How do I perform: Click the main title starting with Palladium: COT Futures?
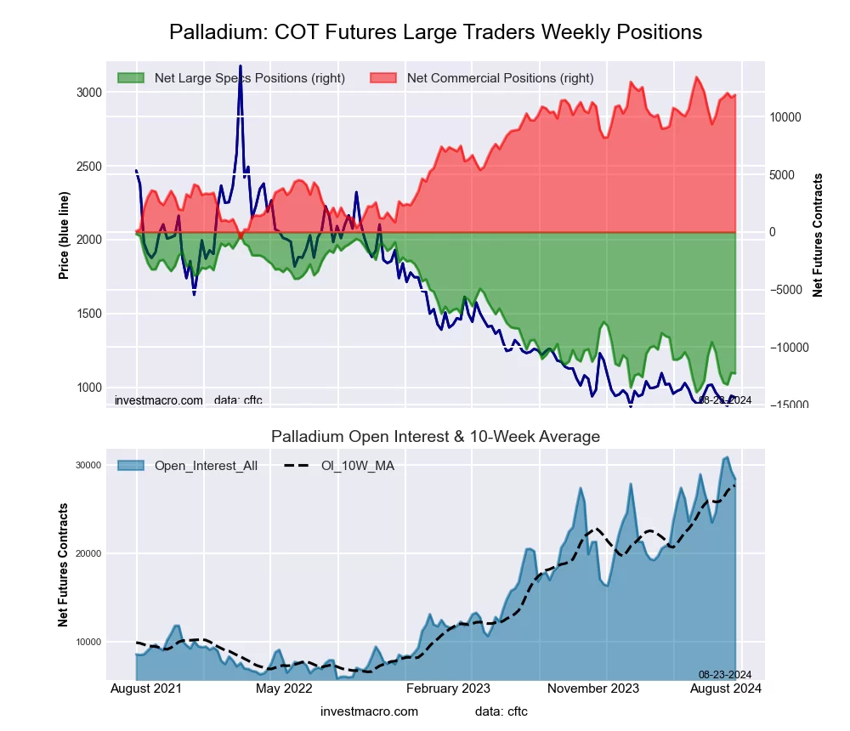[x=435, y=32]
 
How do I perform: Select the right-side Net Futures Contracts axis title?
[x=818, y=235]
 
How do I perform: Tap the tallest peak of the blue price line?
[x=241, y=65]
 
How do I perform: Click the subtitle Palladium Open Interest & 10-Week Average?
[x=435, y=437]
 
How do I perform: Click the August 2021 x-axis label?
[x=145, y=688]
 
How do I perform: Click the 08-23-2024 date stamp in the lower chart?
[x=719, y=674]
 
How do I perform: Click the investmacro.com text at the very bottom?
[x=369, y=711]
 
